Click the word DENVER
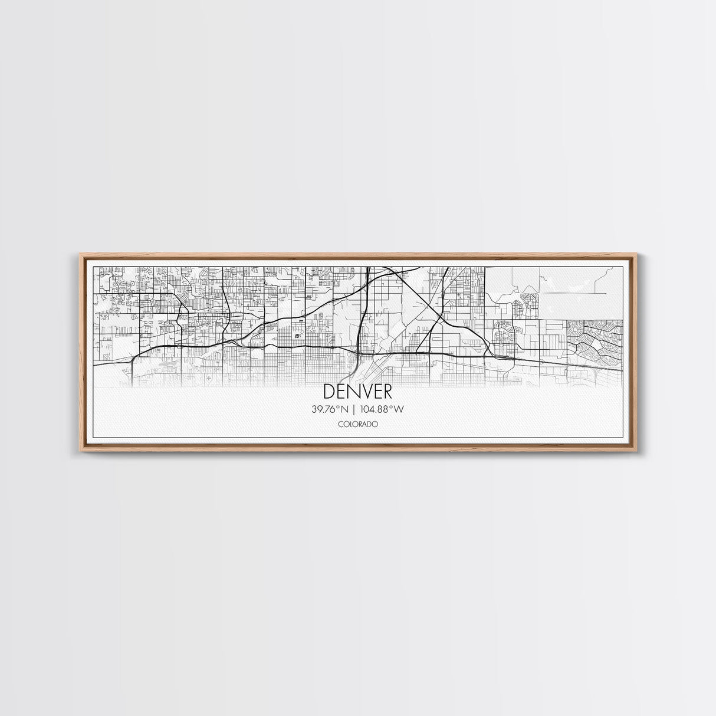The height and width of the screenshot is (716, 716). coord(357,392)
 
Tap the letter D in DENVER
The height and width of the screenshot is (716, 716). coord(329,392)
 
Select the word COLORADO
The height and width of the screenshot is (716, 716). coord(357,424)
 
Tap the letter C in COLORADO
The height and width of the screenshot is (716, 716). coord(340,424)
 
